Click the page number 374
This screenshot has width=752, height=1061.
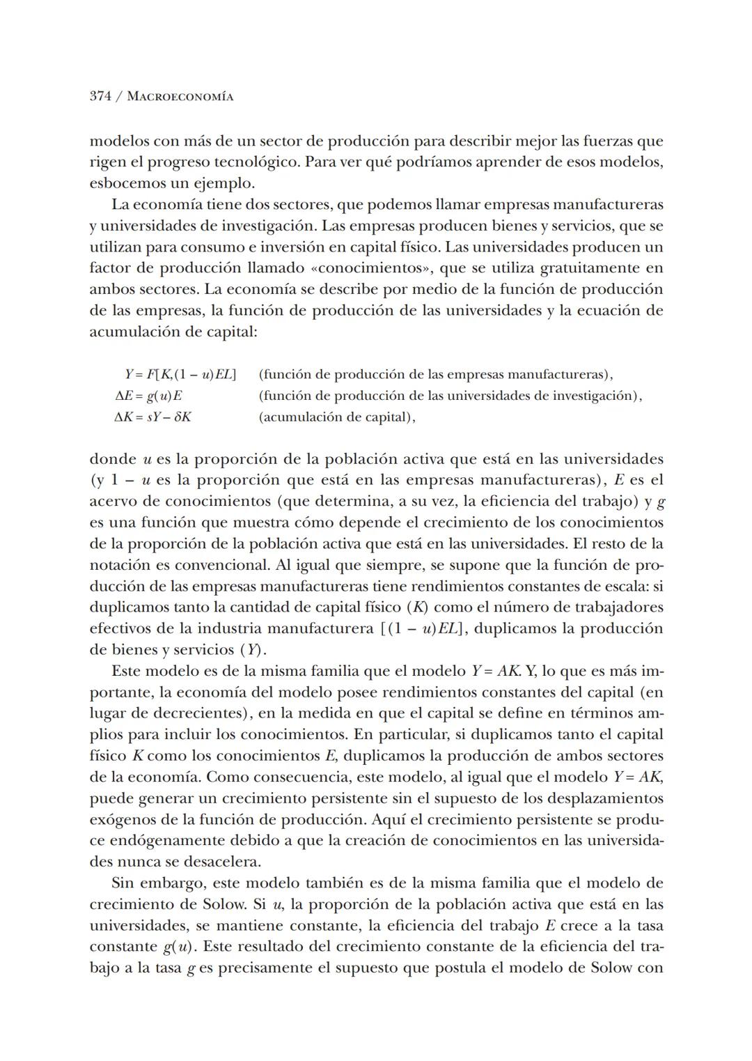click(x=101, y=97)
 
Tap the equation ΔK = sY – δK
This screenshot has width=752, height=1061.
click(x=152, y=417)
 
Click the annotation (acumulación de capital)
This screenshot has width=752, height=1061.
click(x=336, y=417)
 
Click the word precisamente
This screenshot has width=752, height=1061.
click(x=267, y=968)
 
